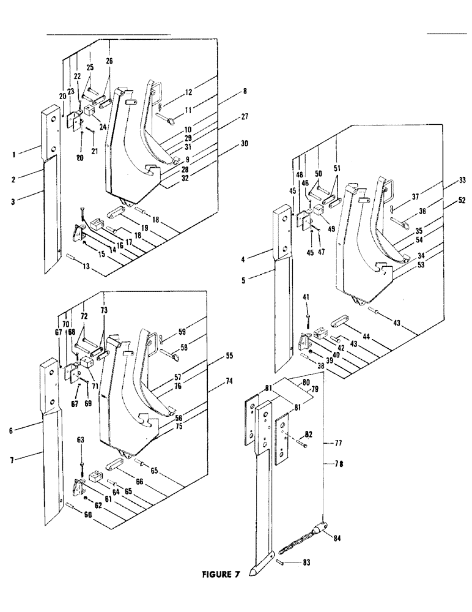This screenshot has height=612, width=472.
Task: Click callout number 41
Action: click(x=306, y=297)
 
